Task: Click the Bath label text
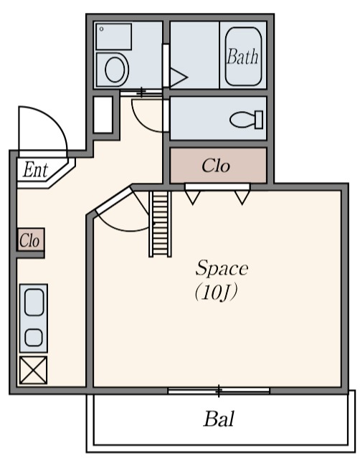pos(242,56)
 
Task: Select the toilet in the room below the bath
pos(246,120)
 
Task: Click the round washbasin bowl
pos(115,70)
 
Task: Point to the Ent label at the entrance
pos(35,170)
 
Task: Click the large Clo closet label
pos(216,166)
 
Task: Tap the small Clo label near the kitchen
pos(29,240)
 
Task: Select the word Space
pos(222,267)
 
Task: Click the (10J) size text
pos(216,293)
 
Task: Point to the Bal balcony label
pos(219,419)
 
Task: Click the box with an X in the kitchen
pos(33,370)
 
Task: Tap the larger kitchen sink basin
pos(34,303)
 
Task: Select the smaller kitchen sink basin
pos(34,337)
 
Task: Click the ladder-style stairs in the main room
pos(161,224)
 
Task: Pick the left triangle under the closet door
pos(193,197)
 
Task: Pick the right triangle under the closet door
pos(242,197)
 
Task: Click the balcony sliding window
pos(219,391)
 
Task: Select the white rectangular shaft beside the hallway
pos(103,115)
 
